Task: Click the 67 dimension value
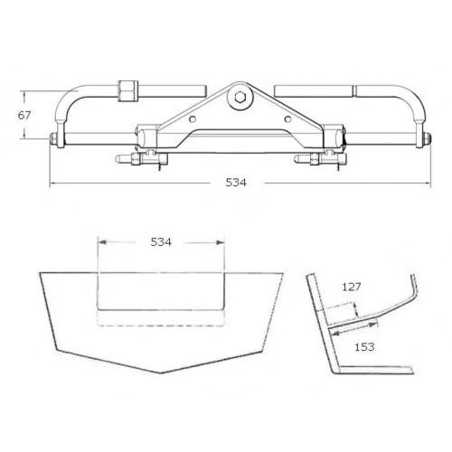(x=24, y=115)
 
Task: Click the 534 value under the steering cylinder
(x=236, y=183)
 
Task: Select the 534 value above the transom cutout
(x=161, y=242)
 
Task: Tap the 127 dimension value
(x=352, y=287)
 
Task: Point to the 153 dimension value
(x=364, y=347)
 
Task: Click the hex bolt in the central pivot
(x=240, y=97)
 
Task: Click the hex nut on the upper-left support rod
(x=127, y=90)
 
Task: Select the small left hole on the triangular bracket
(x=193, y=119)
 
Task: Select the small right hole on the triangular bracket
(x=288, y=118)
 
